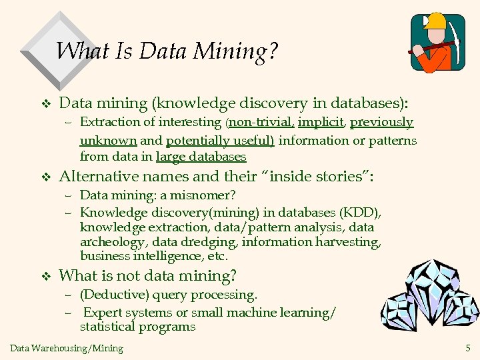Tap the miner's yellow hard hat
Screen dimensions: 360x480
(x=437, y=21)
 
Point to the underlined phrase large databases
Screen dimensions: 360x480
(x=201, y=157)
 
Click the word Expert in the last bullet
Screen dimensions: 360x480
(x=102, y=312)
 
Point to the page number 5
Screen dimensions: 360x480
(x=467, y=347)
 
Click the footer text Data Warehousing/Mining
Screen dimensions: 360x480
(x=67, y=347)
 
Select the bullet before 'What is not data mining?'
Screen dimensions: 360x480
(x=45, y=276)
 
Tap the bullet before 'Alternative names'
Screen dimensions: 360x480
(x=45, y=177)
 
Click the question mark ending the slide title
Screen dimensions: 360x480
(x=272, y=51)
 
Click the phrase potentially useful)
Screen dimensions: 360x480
(x=220, y=140)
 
